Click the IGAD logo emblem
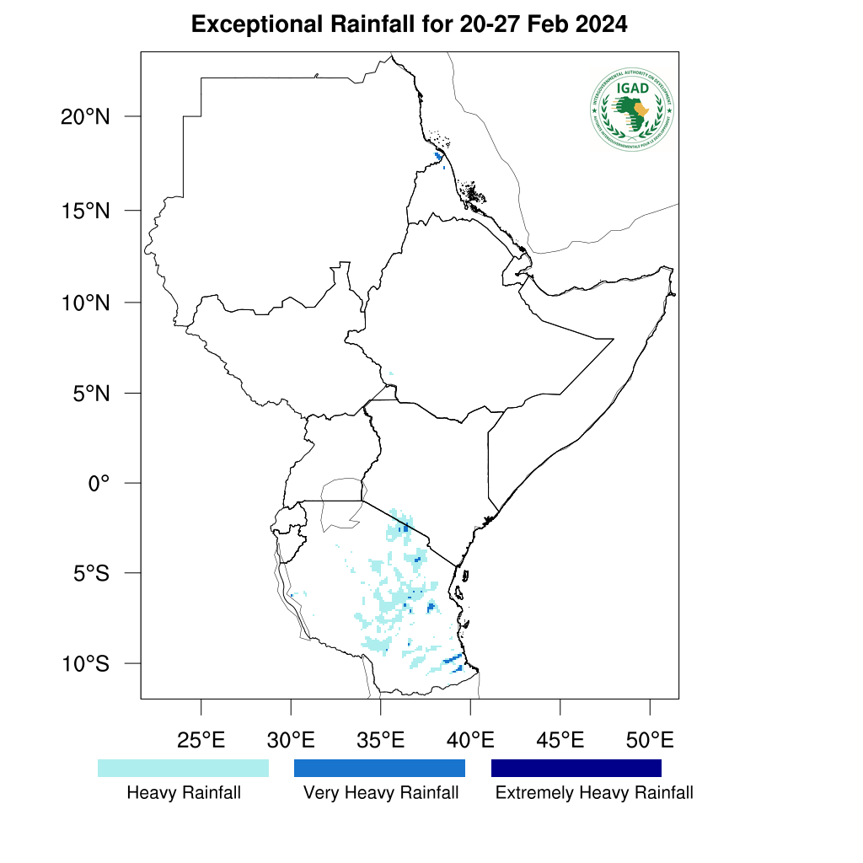pyautogui.click(x=632, y=110)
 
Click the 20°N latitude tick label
pyautogui.click(x=86, y=117)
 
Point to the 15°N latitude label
pyautogui.click(x=86, y=211)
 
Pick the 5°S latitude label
pyautogui.click(x=91, y=574)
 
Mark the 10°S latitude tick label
pyautogui.click(x=86, y=664)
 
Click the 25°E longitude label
pyautogui.click(x=201, y=742)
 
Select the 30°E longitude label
pyautogui.click(x=291, y=742)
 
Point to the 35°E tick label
pyautogui.click(x=381, y=742)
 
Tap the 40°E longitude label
pyautogui.click(x=470, y=742)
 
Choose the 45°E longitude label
pyautogui.click(x=560, y=742)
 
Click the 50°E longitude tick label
pyautogui.click(x=650, y=742)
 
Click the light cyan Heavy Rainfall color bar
pyautogui.click(x=183, y=768)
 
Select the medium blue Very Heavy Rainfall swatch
pyautogui.click(x=379, y=768)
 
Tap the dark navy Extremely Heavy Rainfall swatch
pyautogui.click(x=576, y=768)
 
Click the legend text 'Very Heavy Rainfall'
pyautogui.click(x=381, y=793)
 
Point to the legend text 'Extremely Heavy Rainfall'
pyautogui.click(x=594, y=793)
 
